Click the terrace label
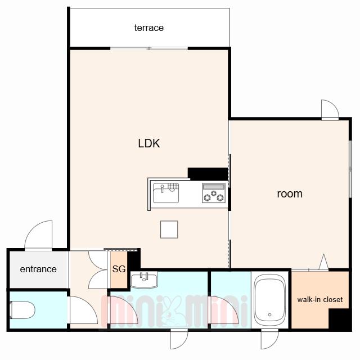[x=148, y=28]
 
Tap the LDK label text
[x=149, y=143]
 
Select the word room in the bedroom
[x=290, y=194]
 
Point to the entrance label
[x=38, y=269]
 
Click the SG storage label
[x=119, y=269]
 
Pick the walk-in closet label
[x=320, y=299]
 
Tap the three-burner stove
[x=214, y=193]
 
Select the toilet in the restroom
[x=22, y=310]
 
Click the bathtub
[x=270, y=300]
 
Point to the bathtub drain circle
[x=270, y=315]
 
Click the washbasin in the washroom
[x=144, y=280]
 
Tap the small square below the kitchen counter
[x=169, y=229]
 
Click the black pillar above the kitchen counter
[x=208, y=174]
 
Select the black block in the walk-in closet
[x=339, y=318]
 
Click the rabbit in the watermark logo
[x=171, y=311]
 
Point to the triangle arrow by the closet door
[x=324, y=262]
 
